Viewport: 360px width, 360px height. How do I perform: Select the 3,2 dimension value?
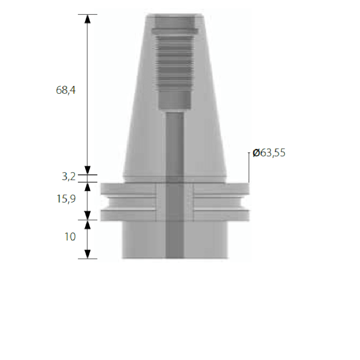[69, 177]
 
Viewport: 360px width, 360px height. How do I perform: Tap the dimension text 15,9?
[66, 198]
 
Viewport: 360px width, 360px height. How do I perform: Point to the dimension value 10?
[70, 237]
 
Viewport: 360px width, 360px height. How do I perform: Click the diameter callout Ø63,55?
[269, 153]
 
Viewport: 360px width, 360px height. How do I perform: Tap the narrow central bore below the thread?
[175, 144]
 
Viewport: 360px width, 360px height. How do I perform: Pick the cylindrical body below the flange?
[208, 240]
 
